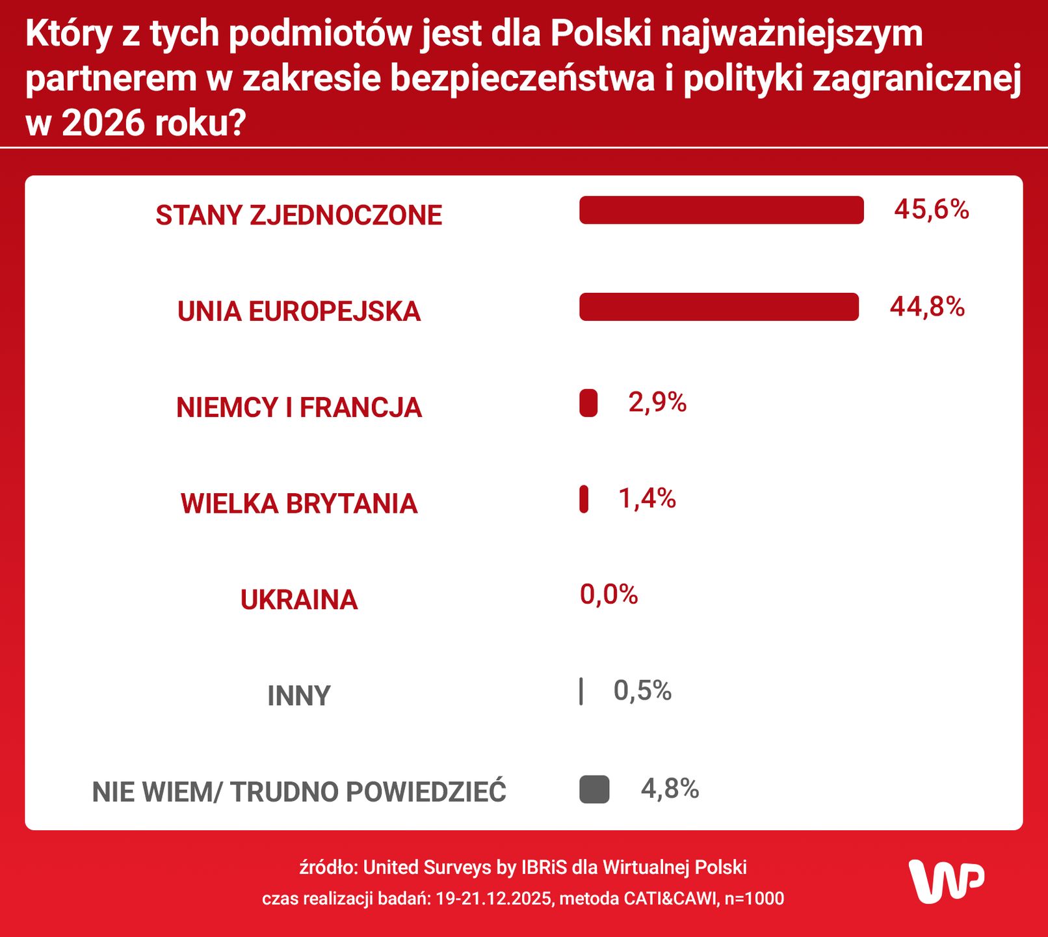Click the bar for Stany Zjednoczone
point(721,210)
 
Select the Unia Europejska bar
point(718,306)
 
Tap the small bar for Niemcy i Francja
point(588,403)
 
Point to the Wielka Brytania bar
point(584,499)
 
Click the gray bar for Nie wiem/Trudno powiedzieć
point(594,789)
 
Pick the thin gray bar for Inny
point(581,691)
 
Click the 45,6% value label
point(931,210)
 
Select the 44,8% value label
point(927,306)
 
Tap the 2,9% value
point(657,402)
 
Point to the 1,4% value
point(647,498)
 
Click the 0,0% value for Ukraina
point(609,594)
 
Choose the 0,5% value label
point(642,690)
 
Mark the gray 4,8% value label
point(670,789)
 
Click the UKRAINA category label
point(299,599)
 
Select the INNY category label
point(299,696)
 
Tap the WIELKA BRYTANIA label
point(299,504)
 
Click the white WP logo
point(946,881)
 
